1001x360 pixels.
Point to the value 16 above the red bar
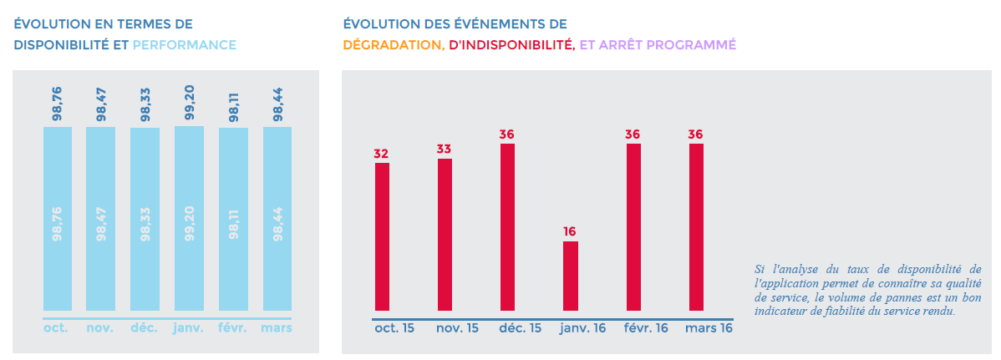pos(570,231)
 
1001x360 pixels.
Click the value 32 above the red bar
pos(382,154)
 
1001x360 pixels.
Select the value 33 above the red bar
pos(445,149)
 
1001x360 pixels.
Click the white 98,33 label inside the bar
pos(145,223)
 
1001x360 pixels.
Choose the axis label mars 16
pos(709,328)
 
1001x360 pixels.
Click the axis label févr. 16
pos(646,328)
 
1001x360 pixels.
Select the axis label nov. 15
pos(458,328)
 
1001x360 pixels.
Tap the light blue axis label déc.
pos(144,328)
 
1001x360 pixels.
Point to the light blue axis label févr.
pos(233,328)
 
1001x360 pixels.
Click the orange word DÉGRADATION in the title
pos(394,44)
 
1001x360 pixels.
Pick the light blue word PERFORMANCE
pos(185,44)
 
